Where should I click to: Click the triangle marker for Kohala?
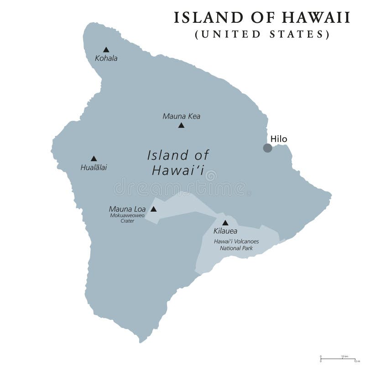(x=106, y=49)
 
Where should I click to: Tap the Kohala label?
(x=106, y=58)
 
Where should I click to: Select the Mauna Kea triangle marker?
(x=181, y=125)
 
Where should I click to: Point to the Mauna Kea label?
(x=181, y=116)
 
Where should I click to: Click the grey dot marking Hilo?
(x=267, y=148)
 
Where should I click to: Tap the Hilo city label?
(x=279, y=139)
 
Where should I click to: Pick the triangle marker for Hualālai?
(x=94, y=158)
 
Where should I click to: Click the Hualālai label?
(x=94, y=167)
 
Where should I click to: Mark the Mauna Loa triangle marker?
(x=154, y=209)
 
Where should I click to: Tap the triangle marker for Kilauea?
(x=225, y=223)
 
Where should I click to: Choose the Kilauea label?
(x=225, y=231)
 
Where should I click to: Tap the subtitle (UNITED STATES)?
(x=262, y=34)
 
